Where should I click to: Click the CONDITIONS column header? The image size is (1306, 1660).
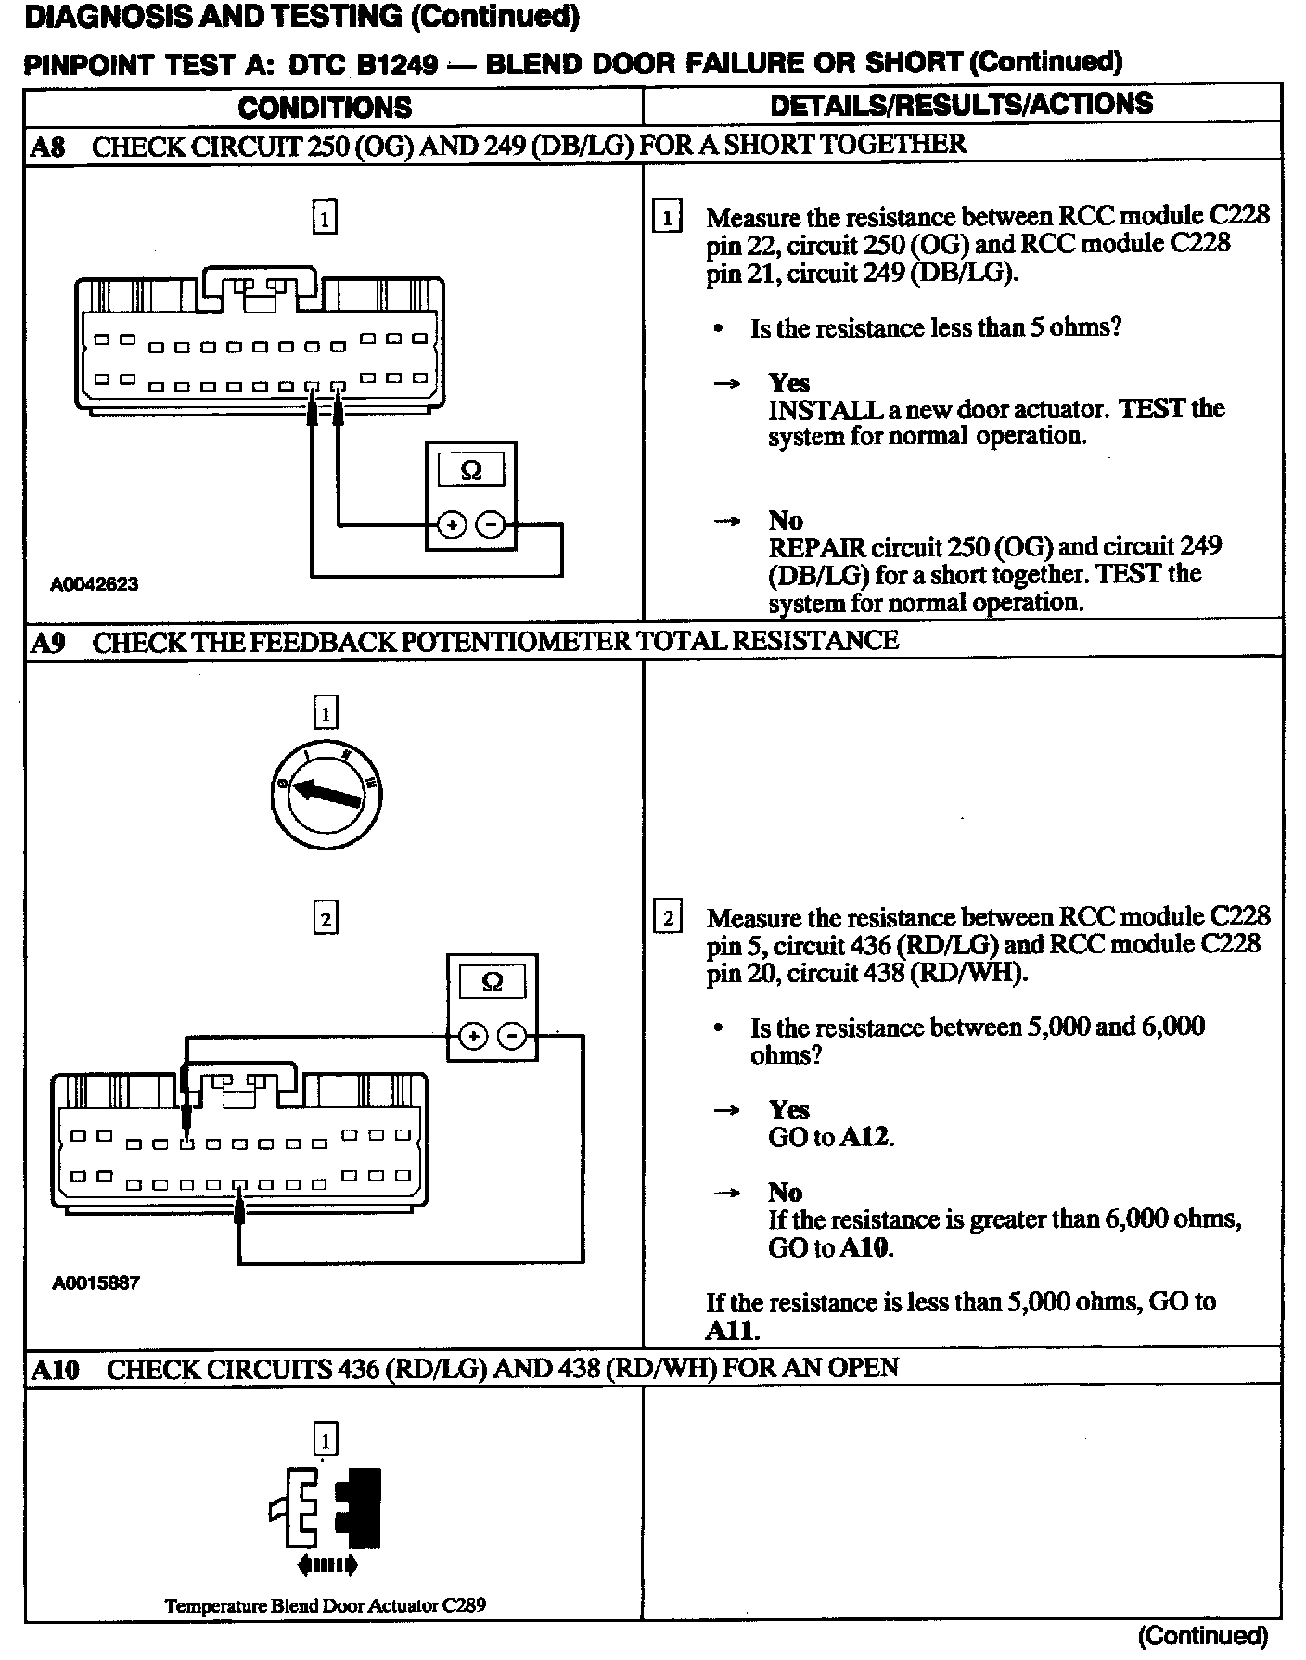pyautogui.click(x=325, y=108)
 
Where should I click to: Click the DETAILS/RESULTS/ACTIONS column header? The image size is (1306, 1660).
pyautogui.click(x=961, y=105)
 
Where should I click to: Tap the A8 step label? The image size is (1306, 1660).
pyautogui.click(x=47, y=147)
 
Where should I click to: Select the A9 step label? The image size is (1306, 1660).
pyautogui.click(x=47, y=643)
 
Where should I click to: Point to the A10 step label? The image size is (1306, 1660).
pyautogui.click(x=55, y=1370)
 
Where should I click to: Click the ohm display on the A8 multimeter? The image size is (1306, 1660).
pyautogui.click(x=471, y=470)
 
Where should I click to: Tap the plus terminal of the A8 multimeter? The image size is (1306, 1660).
pyautogui.click(x=451, y=526)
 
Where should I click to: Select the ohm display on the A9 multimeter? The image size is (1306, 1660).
pyautogui.click(x=493, y=981)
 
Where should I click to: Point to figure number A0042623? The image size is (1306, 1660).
pyautogui.click(x=94, y=584)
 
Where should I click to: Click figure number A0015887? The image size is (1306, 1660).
pyautogui.click(x=95, y=1283)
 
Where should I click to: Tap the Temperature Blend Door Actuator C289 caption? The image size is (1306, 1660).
pyautogui.click(x=325, y=1605)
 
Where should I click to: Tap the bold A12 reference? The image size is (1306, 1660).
pyautogui.click(x=865, y=1137)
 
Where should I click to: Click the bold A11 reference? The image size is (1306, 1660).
pyautogui.click(x=732, y=1331)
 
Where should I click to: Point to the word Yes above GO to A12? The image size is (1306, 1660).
pyautogui.click(x=788, y=1110)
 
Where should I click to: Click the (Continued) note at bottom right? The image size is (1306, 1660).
pyautogui.click(x=1202, y=1635)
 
